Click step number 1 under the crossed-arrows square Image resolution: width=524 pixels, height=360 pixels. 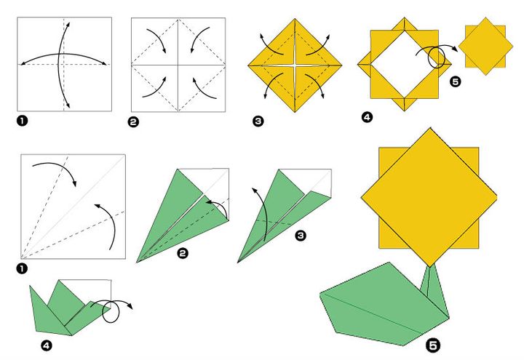22,121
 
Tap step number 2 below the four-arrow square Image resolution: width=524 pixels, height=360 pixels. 132,122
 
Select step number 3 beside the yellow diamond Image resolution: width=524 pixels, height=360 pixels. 258,121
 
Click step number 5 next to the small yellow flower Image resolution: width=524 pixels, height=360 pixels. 456,82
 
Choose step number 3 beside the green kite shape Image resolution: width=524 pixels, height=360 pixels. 301,236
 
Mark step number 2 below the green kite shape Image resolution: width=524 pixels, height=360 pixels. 183,252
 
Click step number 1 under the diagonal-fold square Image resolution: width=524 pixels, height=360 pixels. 22,269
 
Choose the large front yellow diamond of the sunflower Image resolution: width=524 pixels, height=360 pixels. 429,196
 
